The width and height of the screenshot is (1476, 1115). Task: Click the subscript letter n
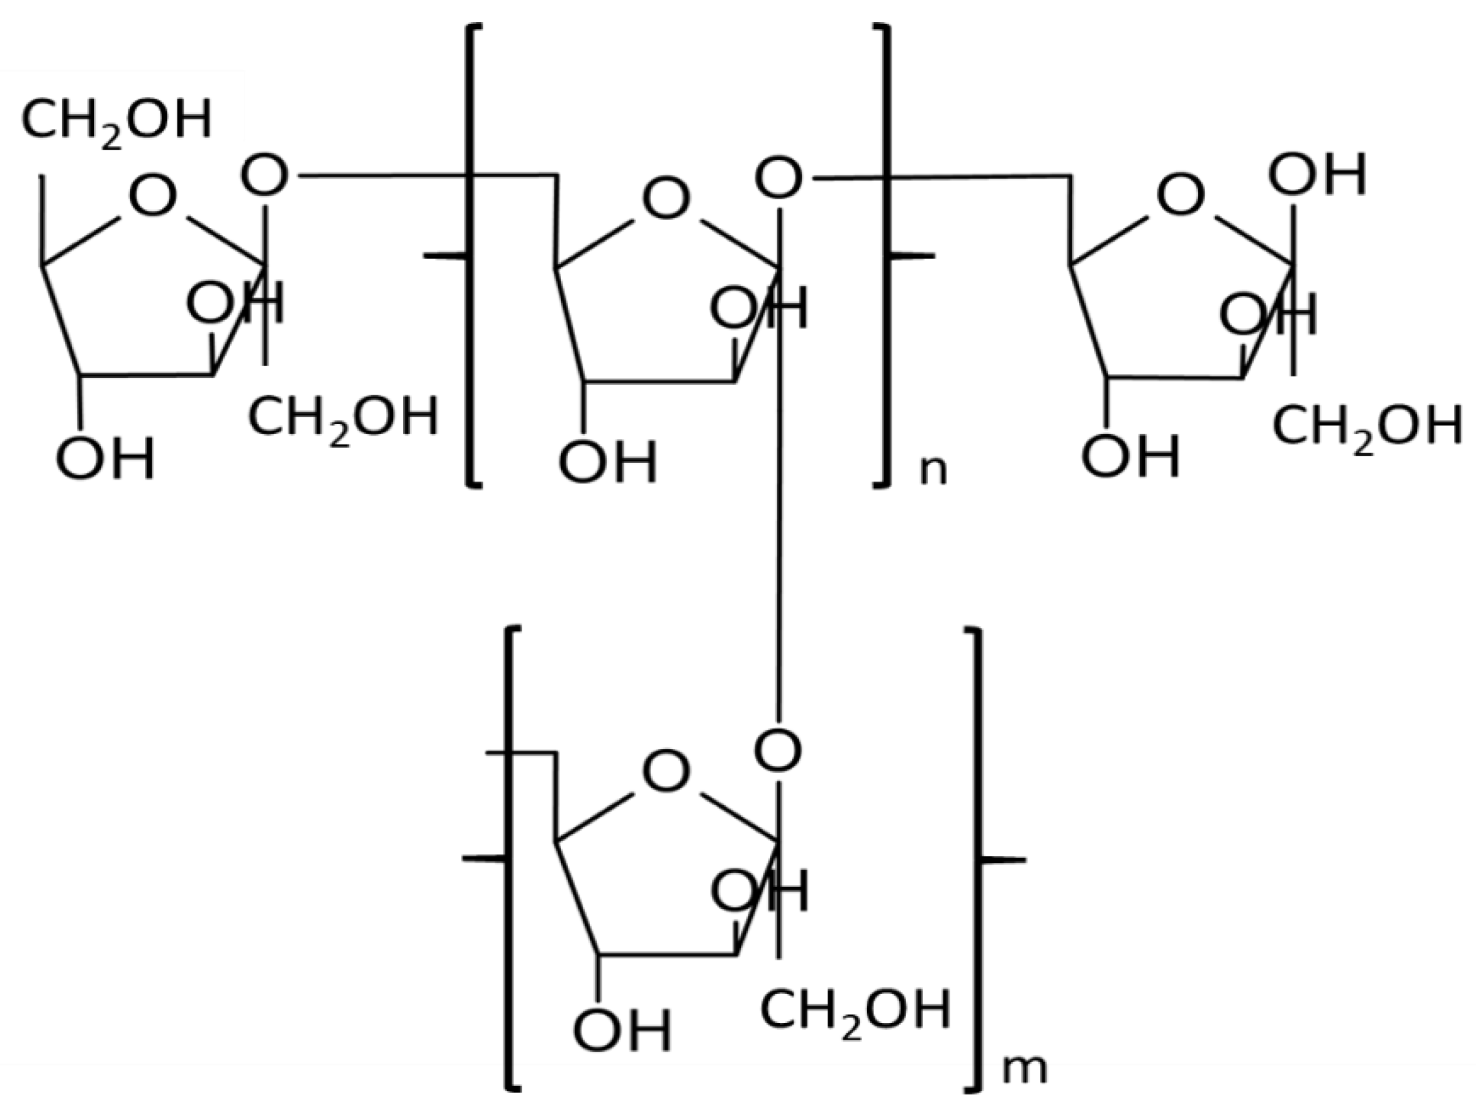click(933, 471)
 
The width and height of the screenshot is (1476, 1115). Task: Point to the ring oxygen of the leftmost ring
click(152, 196)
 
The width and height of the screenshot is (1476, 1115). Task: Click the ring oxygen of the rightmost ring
click(1180, 194)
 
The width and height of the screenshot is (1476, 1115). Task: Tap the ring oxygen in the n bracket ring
click(666, 199)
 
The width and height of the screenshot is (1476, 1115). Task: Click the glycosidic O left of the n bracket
click(264, 176)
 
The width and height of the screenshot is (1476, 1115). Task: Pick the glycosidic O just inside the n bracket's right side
click(779, 179)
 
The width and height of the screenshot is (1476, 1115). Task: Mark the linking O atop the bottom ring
click(778, 750)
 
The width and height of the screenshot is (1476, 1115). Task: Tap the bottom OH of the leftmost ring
click(106, 458)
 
